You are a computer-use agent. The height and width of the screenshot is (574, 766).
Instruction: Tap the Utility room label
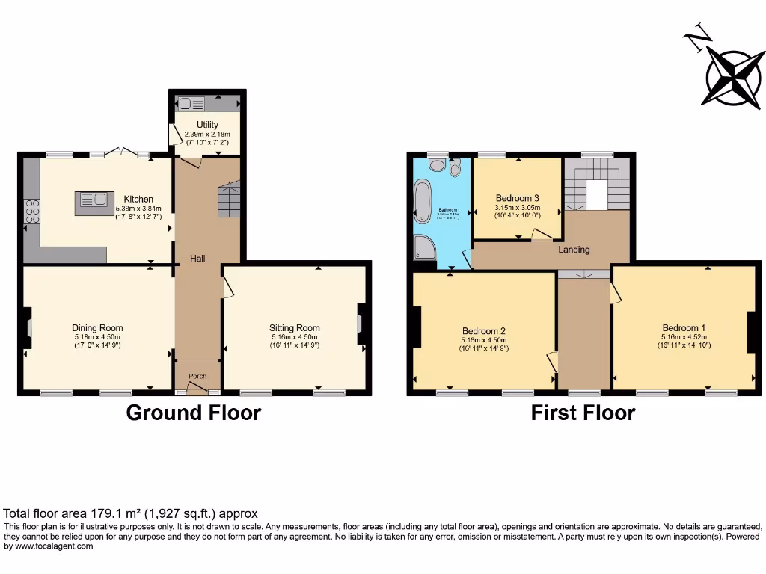point(207,125)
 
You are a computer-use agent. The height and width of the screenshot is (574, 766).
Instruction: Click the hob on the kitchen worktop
point(33,212)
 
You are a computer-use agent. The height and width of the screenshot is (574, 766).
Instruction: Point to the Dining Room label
point(97,328)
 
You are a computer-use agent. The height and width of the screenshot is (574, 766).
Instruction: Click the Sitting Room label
point(295,328)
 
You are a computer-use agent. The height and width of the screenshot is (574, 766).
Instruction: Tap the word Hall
point(197,259)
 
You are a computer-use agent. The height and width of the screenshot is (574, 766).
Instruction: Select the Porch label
point(197,376)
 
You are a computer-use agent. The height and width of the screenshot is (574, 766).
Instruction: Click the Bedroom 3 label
point(517,198)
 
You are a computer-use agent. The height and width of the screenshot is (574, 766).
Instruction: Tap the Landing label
point(574,250)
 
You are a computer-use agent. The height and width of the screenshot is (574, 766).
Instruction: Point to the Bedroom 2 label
point(484,331)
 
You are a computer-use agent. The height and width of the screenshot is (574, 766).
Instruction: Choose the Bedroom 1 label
point(683,328)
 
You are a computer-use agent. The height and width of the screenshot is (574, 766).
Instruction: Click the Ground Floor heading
point(193,413)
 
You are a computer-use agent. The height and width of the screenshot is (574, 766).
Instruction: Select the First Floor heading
point(583,413)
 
